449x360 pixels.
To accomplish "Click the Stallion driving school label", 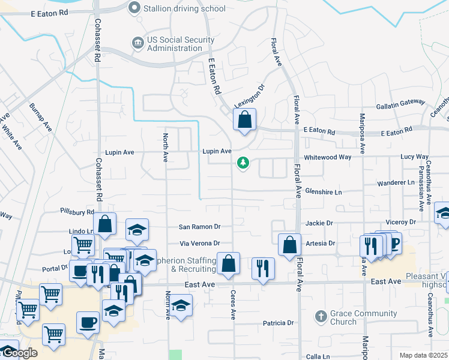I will pos(184,8).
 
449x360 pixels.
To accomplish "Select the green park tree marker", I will pos(243,163).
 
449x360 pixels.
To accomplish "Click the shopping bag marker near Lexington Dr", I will pos(244,119).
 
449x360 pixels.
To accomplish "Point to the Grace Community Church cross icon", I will pos(321,316).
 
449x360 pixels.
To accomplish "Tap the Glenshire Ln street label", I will pos(323,192).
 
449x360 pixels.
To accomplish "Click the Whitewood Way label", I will pos(327,157).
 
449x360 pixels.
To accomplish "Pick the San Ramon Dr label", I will pos(200,227).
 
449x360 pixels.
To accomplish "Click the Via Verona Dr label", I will pos(200,243).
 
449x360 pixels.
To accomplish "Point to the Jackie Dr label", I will pos(319,223).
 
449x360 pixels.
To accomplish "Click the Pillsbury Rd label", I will pos(77,212).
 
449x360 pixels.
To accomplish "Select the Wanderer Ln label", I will pos(396,182).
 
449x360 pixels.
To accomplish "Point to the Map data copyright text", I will pos(423,355).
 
